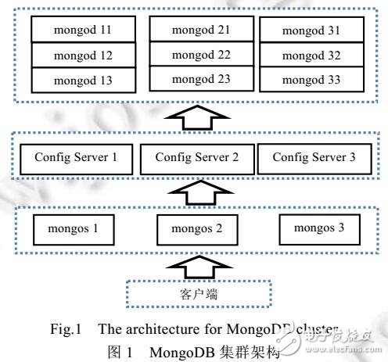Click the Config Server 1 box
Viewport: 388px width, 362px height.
click(76, 157)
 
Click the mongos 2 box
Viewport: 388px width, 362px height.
click(194, 230)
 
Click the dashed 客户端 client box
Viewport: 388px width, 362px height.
click(194, 296)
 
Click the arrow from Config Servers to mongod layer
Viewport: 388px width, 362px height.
click(194, 117)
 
